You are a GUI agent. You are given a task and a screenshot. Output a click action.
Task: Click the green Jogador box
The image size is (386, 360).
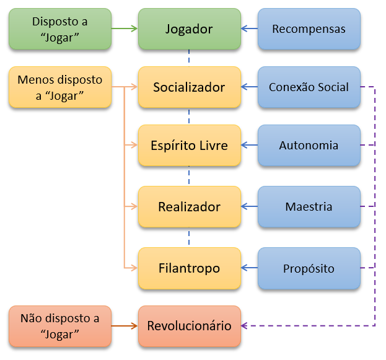point(189,29)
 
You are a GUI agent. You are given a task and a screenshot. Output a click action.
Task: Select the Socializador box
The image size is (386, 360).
point(189,87)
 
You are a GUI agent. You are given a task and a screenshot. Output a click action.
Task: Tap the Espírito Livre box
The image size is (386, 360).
point(189,146)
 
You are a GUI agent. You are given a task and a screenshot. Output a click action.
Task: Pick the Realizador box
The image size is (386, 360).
point(189,207)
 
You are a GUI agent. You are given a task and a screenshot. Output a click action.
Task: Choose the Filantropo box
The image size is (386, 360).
point(189,268)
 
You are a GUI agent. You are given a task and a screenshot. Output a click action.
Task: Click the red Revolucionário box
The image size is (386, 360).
point(189,326)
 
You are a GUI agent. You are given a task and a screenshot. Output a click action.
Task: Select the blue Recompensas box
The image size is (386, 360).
point(309,29)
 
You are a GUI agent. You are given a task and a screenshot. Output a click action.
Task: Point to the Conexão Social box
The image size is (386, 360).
point(309,87)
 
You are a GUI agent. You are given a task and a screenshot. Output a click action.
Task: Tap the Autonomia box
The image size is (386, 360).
point(309,146)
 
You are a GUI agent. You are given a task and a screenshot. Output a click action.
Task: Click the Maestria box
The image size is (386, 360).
point(309,207)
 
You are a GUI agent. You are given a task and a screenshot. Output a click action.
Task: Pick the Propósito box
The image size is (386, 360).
point(309,268)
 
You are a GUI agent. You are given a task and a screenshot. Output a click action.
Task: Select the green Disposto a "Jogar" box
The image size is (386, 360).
point(60,29)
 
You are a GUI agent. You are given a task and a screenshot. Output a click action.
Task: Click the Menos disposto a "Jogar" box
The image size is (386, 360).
point(60,87)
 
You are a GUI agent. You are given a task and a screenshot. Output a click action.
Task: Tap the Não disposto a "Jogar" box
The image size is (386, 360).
point(60,326)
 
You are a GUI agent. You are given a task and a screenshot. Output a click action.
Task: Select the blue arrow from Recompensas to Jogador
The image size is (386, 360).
point(249,29)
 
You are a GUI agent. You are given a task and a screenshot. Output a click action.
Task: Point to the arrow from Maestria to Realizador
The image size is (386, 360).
point(249,207)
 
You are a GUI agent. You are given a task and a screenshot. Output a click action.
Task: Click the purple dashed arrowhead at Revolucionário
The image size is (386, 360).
point(245,326)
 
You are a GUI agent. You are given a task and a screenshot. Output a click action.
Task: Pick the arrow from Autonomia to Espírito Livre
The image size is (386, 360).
point(249,146)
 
